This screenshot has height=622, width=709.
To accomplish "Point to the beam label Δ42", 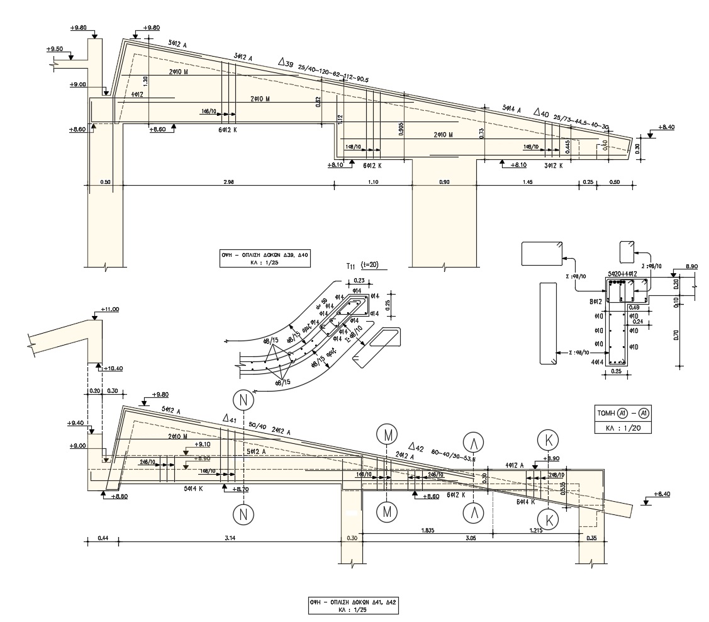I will [416, 446].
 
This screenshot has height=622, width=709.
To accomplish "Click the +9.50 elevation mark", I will [54, 48].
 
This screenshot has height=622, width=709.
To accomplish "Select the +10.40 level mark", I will [113, 368].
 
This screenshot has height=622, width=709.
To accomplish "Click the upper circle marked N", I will [242, 400].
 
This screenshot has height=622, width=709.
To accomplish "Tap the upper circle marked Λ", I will [472, 441].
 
